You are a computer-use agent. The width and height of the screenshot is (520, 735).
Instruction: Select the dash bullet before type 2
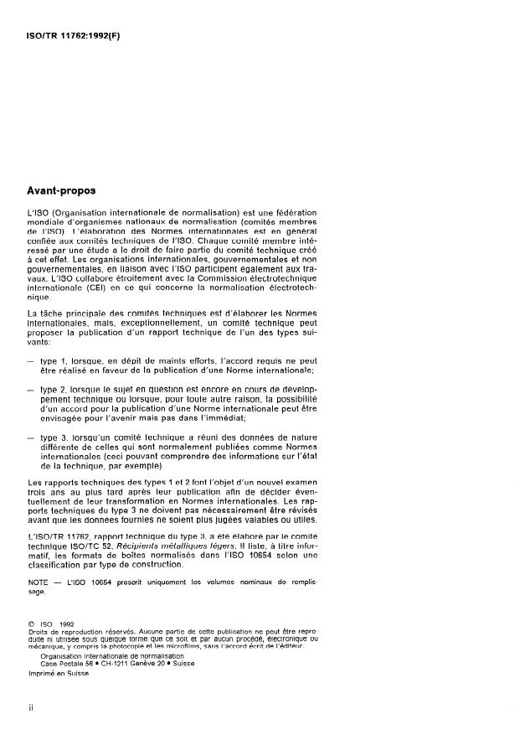tap(32, 390)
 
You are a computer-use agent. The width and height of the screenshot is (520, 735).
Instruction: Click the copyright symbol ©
tap(31, 623)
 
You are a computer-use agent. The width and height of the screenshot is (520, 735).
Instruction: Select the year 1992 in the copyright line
tap(66, 623)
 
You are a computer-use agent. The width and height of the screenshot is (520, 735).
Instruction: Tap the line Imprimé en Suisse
tap(59, 672)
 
